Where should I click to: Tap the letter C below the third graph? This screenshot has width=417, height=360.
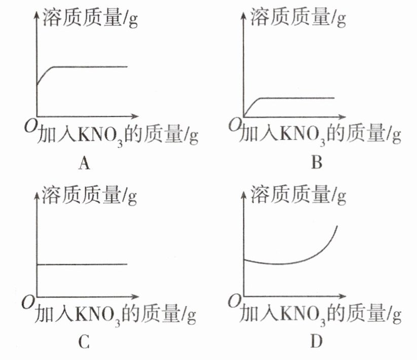tap(84, 343)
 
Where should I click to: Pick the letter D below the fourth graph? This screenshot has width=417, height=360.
tap(317, 343)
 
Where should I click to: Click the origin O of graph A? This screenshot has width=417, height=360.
tap(28, 124)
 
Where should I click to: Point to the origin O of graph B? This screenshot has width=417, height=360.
tap(235, 124)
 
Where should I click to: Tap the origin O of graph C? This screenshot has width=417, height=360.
tap(28, 304)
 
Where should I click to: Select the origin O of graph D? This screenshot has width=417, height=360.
tap(235, 304)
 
